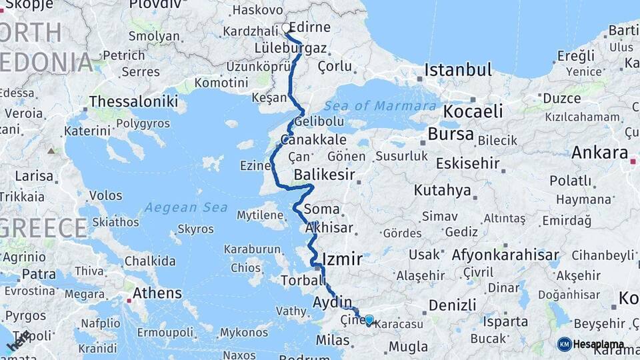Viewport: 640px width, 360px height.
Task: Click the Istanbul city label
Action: (x=458, y=70)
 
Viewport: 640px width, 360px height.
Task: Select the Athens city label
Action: (x=157, y=293)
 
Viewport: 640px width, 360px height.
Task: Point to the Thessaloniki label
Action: (x=133, y=101)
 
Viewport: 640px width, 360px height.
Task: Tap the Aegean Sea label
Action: (x=186, y=207)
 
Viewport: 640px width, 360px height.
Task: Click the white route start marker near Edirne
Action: (x=286, y=28)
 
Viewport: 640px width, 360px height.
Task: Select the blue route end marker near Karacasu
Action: (x=369, y=320)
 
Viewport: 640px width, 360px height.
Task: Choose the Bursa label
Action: (x=451, y=134)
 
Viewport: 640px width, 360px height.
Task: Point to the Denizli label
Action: (x=452, y=305)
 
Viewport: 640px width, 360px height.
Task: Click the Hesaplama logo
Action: (x=591, y=344)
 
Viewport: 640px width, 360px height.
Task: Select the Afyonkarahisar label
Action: (x=505, y=255)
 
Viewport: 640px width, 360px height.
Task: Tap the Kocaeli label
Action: (x=473, y=111)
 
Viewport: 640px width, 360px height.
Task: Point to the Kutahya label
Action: (x=442, y=191)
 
